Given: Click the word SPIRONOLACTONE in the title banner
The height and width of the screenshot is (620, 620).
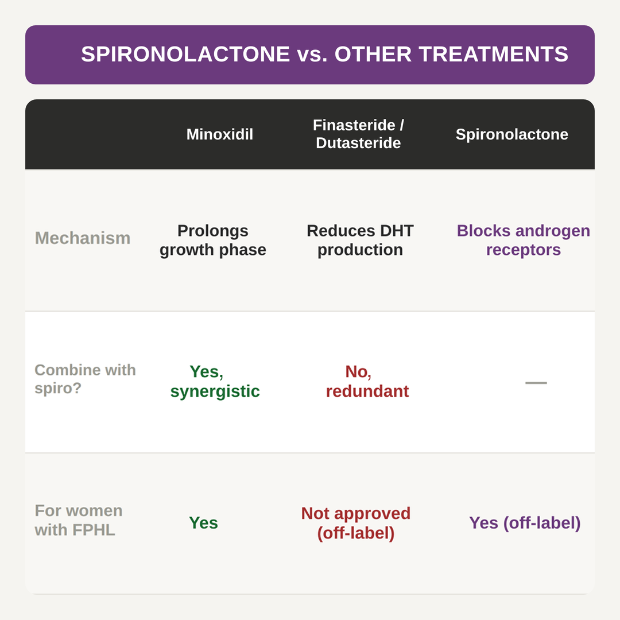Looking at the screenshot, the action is pos(185,54).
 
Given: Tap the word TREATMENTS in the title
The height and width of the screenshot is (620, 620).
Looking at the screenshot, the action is pos(494,54).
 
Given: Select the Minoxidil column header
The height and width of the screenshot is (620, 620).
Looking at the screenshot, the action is pos(219,134).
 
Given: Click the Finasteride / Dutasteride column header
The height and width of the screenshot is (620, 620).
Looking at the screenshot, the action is pos(358,134).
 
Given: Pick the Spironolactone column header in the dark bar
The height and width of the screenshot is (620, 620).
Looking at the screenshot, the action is pos(511,134).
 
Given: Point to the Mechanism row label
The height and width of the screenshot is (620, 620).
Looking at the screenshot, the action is pos(83,238).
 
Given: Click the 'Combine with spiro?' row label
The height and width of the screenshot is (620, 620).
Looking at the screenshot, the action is pos(85,379).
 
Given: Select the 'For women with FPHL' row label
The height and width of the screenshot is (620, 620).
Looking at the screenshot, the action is pos(79,520).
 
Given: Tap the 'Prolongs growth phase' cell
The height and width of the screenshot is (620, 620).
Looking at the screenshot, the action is pos(213,240).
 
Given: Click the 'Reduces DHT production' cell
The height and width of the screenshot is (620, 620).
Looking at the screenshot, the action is pos(360,240).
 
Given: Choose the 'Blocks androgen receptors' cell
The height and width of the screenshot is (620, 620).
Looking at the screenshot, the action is pos(523,240).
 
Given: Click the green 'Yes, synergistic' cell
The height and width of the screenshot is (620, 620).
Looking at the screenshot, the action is pos(215,381).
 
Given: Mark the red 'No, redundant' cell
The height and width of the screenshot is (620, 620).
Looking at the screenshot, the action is pos(367,381).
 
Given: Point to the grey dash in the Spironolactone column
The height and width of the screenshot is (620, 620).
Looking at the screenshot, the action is pos(536,383).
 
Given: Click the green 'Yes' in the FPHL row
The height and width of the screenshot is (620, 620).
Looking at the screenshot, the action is pos(203,523).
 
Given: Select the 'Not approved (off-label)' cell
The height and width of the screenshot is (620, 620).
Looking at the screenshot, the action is pos(356,523).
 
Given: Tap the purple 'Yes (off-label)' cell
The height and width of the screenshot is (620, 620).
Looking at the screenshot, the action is pos(525,523).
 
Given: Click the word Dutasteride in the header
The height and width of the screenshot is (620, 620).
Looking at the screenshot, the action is pos(358,143).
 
